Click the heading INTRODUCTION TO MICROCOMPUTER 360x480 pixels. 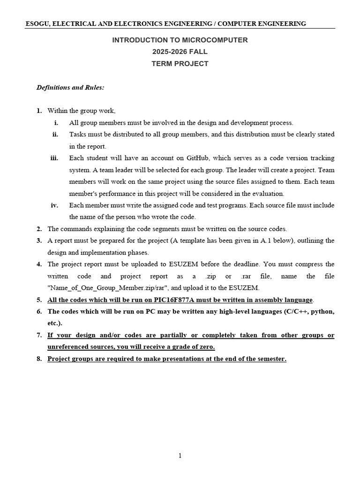coord(180,40)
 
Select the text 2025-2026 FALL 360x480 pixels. coord(180,52)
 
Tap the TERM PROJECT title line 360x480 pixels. coord(180,64)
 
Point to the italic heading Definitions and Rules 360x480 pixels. coord(70,87)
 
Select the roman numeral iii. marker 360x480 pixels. coord(54,158)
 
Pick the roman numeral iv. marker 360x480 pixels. coord(54,205)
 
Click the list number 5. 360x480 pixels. coord(39,300)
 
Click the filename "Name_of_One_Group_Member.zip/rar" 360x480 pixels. coord(103,288)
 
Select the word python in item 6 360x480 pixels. coord(323,311)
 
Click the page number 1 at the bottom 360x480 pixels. coord(180,456)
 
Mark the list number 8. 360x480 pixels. coord(39,359)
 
